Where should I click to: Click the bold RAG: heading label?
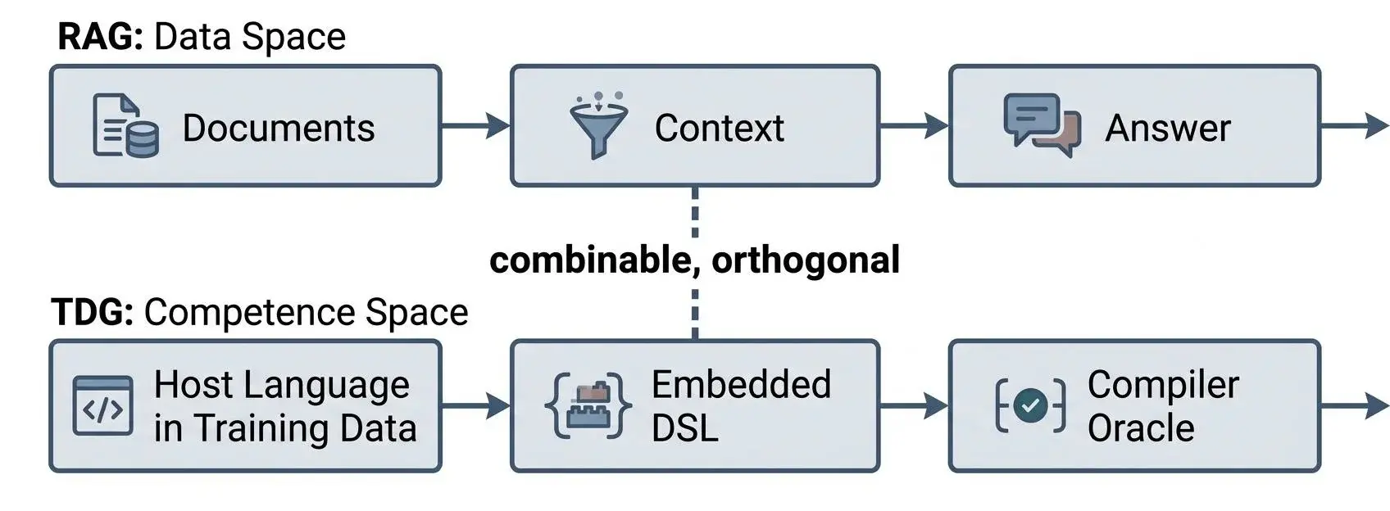tap(101, 37)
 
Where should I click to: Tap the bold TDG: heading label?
tap(93, 312)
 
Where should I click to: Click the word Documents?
tap(279, 128)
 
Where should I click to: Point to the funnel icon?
tap(598, 125)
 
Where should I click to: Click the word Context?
tap(720, 128)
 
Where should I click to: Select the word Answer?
tap(1168, 129)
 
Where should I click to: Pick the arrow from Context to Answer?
tap(915, 126)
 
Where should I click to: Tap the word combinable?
tap(591, 260)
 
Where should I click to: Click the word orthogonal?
tap(806, 260)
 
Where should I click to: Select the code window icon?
tap(102, 406)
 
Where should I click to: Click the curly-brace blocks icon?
tap(588, 405)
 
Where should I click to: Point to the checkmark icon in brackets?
tap(1030, 405)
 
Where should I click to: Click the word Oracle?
tap(1141, 428)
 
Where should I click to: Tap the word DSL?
tap(684, 428)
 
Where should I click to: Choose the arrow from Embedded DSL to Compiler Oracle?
tap(915, 406)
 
